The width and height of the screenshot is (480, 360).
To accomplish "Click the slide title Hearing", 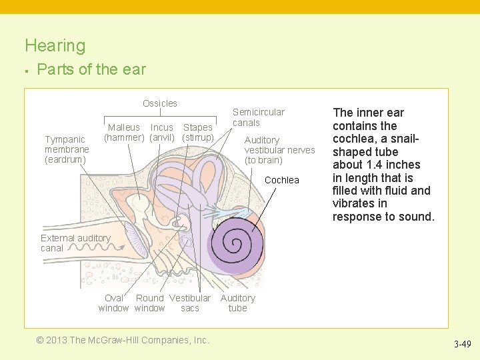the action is click(x=55, y=46).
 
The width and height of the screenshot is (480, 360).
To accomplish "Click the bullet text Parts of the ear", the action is click(x=91, y=69).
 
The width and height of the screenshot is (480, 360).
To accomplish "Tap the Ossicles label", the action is click(x=160, y=103).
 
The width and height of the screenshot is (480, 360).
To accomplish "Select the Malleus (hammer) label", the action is click(x=124, y=133).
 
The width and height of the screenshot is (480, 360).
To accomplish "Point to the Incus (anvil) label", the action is click(x=162, y=133).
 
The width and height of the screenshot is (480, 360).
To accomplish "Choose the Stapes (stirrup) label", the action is click(x=198, y=133).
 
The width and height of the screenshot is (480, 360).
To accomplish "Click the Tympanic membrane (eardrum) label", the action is click(x=67, y=149).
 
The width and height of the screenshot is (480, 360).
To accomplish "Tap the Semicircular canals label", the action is click(x=258, y=117).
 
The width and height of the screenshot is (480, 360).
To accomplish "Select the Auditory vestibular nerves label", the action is click(x=279, y=150).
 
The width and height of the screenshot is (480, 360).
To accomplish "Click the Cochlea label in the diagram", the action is click(x=282, y=180).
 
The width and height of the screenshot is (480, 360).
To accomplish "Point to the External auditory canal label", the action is click(x=75, y=243).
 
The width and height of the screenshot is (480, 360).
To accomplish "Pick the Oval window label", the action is click(x=113, y=303).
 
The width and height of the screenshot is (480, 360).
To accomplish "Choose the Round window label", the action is click(x=150, y=303).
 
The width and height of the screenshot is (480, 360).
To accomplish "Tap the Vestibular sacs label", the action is click(x=190, y=303).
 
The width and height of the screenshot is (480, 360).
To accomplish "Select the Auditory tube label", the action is click(x=238, y=303).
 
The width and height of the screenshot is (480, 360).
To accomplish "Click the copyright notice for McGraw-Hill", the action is click(x=123, y=340).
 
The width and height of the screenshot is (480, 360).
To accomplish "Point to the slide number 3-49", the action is click(x=463, y=345).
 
